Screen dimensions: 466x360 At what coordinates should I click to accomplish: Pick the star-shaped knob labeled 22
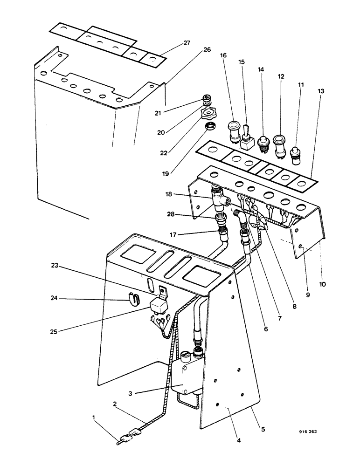pyautogui.click(x=207, y=114)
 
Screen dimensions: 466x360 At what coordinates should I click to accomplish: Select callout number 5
pyautogui.click(x=263, y=429)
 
